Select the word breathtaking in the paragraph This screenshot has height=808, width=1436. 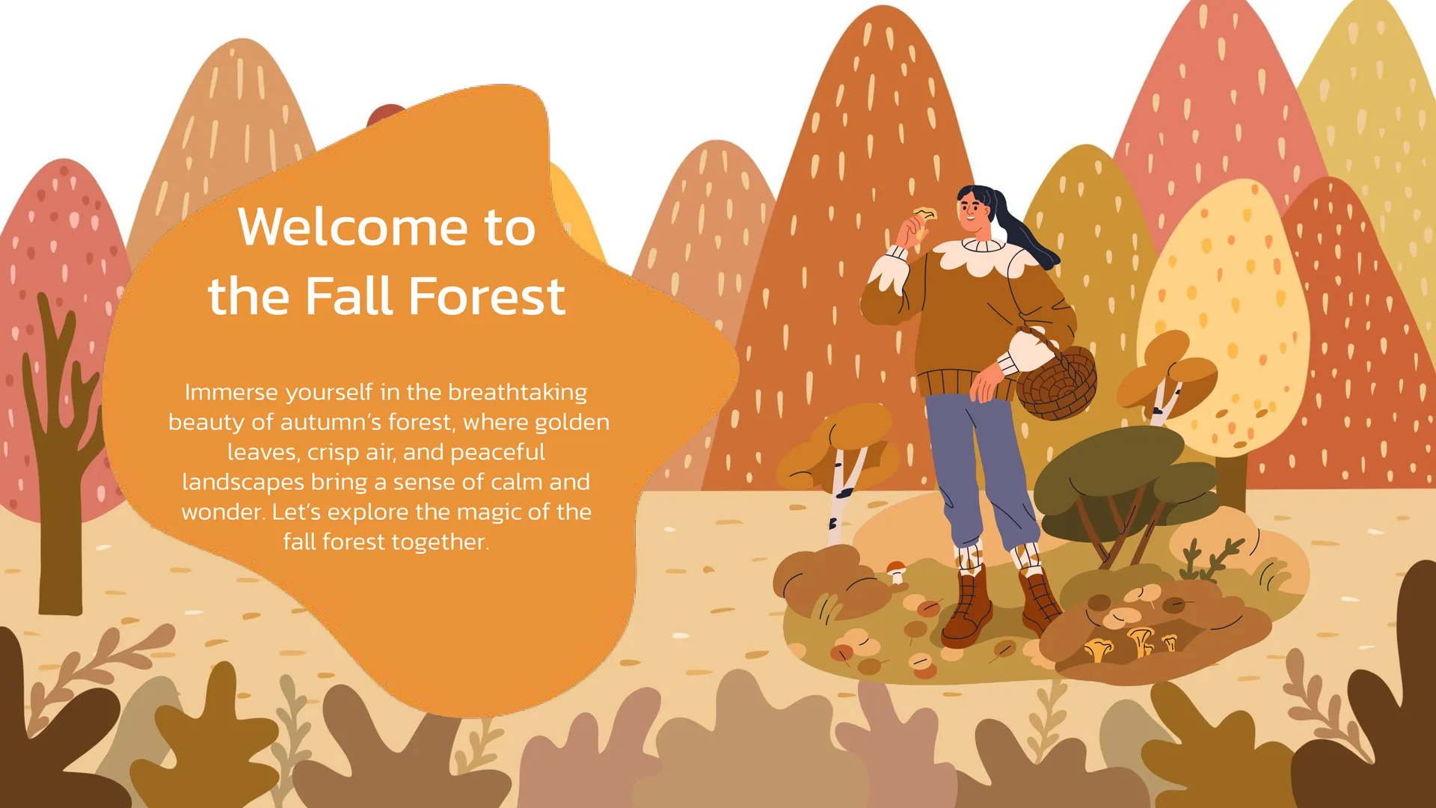coord(518,392)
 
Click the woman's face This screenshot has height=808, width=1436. coord(974,210)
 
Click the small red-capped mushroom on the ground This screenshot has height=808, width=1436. coord(896,570)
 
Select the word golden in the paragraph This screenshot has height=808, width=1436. coord(574,423)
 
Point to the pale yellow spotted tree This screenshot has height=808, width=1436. coord(1227,322)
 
